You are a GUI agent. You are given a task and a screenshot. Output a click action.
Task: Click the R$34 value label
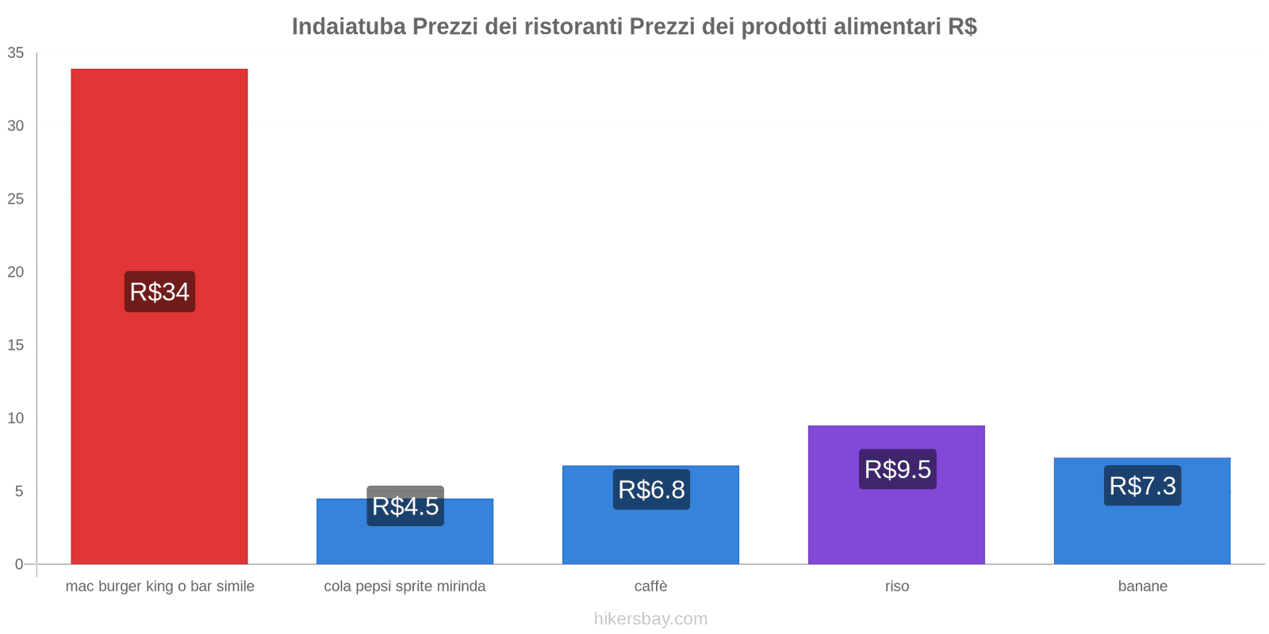tap(159, 292)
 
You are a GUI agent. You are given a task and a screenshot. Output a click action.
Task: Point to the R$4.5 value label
tap(405, 506)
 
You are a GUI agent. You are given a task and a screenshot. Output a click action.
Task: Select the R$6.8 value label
tap(651, 489)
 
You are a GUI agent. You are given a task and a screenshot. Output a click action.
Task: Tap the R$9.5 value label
tap(897, 469)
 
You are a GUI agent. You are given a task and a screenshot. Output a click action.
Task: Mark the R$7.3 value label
tap(1142, 485)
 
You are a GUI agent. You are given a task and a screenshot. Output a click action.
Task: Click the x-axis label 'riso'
tap(897, 586)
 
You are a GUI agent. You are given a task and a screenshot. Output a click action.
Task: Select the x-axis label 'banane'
tap(1142, 586)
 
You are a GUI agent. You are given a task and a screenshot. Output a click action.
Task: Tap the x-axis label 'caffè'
tap(650, 586)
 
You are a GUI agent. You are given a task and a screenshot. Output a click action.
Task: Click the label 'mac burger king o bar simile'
tap(159, 586)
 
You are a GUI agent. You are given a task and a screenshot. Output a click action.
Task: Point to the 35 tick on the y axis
tap(16, 53)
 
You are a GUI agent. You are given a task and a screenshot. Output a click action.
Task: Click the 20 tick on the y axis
tap(16, 272)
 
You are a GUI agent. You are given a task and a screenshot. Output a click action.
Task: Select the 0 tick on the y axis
tap(19, 564)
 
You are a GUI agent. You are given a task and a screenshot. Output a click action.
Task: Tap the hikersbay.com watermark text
tap(650, 619)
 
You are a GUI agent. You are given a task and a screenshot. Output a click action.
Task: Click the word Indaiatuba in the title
tap(348, 26)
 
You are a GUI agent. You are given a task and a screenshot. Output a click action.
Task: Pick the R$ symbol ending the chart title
tap(961, 26)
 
